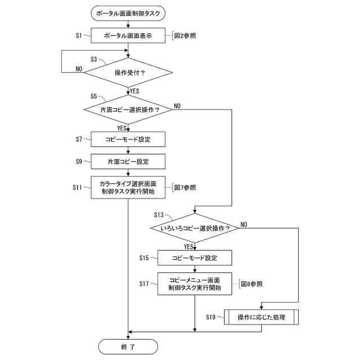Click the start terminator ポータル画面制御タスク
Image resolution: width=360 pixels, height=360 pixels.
tap(128, 13)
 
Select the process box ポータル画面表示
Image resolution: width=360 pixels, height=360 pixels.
tap(128, 35)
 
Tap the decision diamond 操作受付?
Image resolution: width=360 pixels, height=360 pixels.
tap(128, 73)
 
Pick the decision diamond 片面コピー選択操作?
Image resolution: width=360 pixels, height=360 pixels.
tap(128, 110)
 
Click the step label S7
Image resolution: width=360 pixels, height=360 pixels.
tap(79, 139)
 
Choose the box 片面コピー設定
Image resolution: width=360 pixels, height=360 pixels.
tap(128, 161)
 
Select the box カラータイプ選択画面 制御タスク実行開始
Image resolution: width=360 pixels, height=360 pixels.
tap(128, 187)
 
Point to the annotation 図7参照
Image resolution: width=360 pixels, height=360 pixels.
tap(185, 187)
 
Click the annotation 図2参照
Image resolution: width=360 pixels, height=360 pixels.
tap(185, 35)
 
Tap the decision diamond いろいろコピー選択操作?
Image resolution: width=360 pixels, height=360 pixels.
tap(195, 228)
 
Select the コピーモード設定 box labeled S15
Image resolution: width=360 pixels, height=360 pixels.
tap(195, 258)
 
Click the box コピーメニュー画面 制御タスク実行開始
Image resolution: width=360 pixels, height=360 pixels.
tap(195, 283)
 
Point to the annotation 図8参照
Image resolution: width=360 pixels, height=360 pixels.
tap(251, 284)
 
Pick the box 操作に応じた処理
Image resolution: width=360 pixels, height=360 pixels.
tap(261, 317)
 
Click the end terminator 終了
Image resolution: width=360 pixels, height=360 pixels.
tap(128, 346)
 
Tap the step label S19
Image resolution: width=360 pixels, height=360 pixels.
tap(210, 317)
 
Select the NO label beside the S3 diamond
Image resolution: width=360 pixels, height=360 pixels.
tap(79, 69)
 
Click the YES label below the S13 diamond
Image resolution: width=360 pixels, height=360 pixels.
tap(188, 247)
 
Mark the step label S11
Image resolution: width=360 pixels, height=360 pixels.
tap(77, 187)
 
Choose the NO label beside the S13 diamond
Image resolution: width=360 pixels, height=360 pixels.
tap(244, 224)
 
